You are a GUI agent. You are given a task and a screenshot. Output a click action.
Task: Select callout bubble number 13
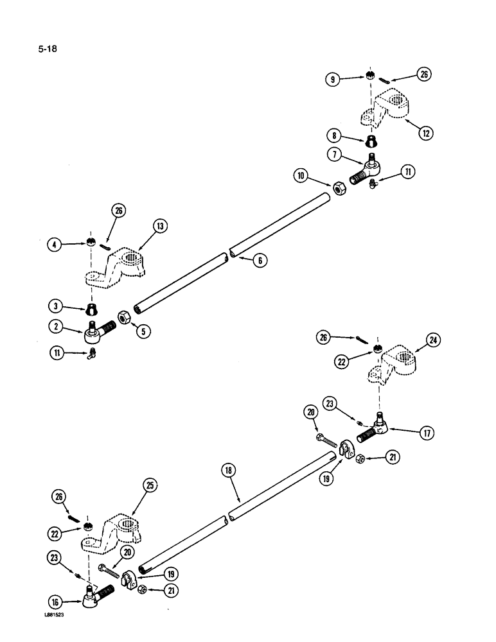click(159, 225)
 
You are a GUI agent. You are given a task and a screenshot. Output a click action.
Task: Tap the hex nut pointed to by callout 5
click(123, 317)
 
